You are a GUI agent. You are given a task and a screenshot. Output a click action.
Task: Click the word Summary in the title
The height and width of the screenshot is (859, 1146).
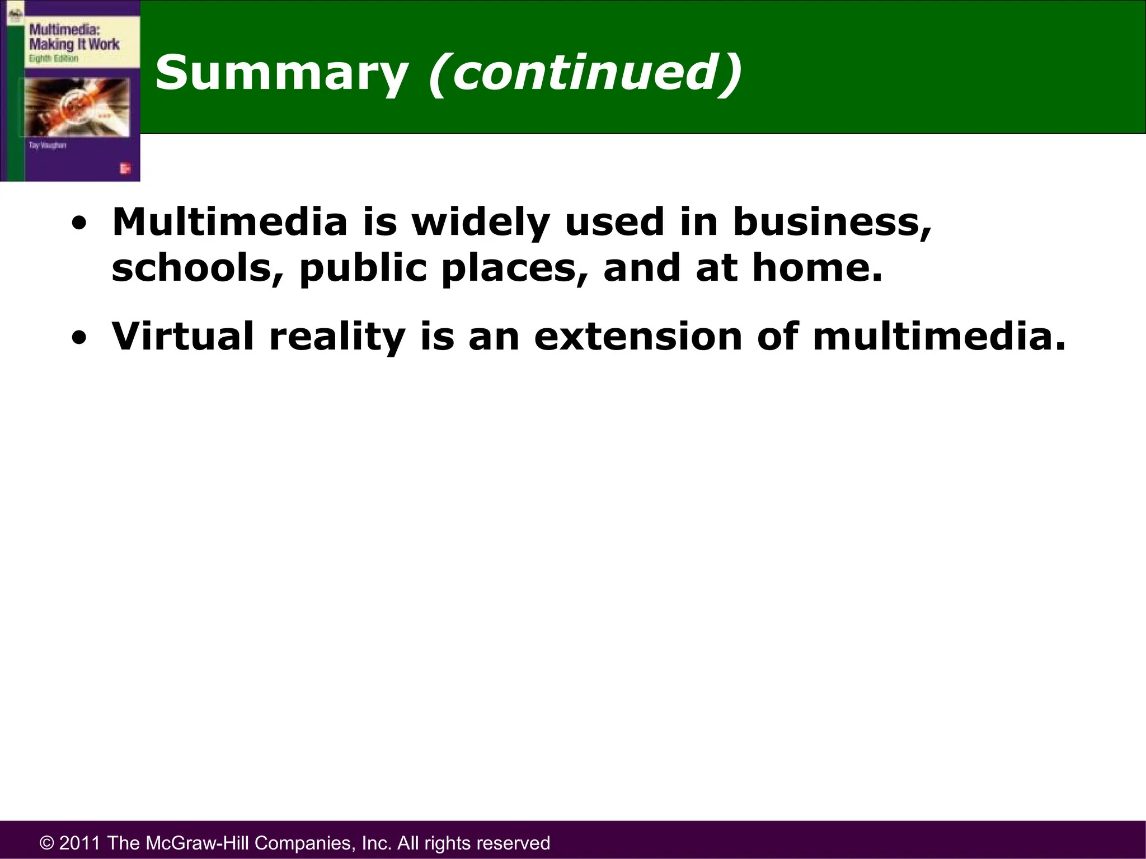pos(281,73)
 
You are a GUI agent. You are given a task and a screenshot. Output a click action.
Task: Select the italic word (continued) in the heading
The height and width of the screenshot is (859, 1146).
pos(585,73)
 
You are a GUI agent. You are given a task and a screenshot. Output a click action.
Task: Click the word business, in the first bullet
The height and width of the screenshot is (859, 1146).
pos(832,223)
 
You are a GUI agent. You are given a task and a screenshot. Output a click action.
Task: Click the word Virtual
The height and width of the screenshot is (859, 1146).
pos(183,337)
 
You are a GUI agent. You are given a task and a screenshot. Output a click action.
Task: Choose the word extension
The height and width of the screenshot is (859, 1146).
pos(638,337)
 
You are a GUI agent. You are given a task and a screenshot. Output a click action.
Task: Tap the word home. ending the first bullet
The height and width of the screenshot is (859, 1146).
pos(817,268)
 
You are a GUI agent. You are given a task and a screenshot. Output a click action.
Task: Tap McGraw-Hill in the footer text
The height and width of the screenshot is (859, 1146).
pos(194,843)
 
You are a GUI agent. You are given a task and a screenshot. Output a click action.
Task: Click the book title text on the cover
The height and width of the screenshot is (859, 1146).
pos(73,37)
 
